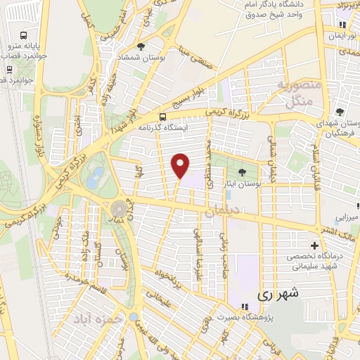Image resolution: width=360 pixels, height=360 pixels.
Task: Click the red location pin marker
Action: [x=181, y=166]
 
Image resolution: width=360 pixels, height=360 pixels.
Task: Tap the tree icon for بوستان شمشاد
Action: [x=142, y=46]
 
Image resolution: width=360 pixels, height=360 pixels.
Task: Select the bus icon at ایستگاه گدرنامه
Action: [x=162, y=117]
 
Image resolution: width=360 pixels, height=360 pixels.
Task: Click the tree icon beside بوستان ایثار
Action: [x=243, y=172]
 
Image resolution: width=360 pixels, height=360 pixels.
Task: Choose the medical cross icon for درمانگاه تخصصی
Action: [x=314, y=245]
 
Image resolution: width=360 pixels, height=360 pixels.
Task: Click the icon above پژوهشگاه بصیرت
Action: [x=245, y=307]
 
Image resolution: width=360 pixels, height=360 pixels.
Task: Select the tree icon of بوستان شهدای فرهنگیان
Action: [x=340, y=112]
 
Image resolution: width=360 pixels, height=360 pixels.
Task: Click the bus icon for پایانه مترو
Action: [x=25, y=36]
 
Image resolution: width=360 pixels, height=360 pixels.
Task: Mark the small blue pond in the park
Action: [x=96, y=173]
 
